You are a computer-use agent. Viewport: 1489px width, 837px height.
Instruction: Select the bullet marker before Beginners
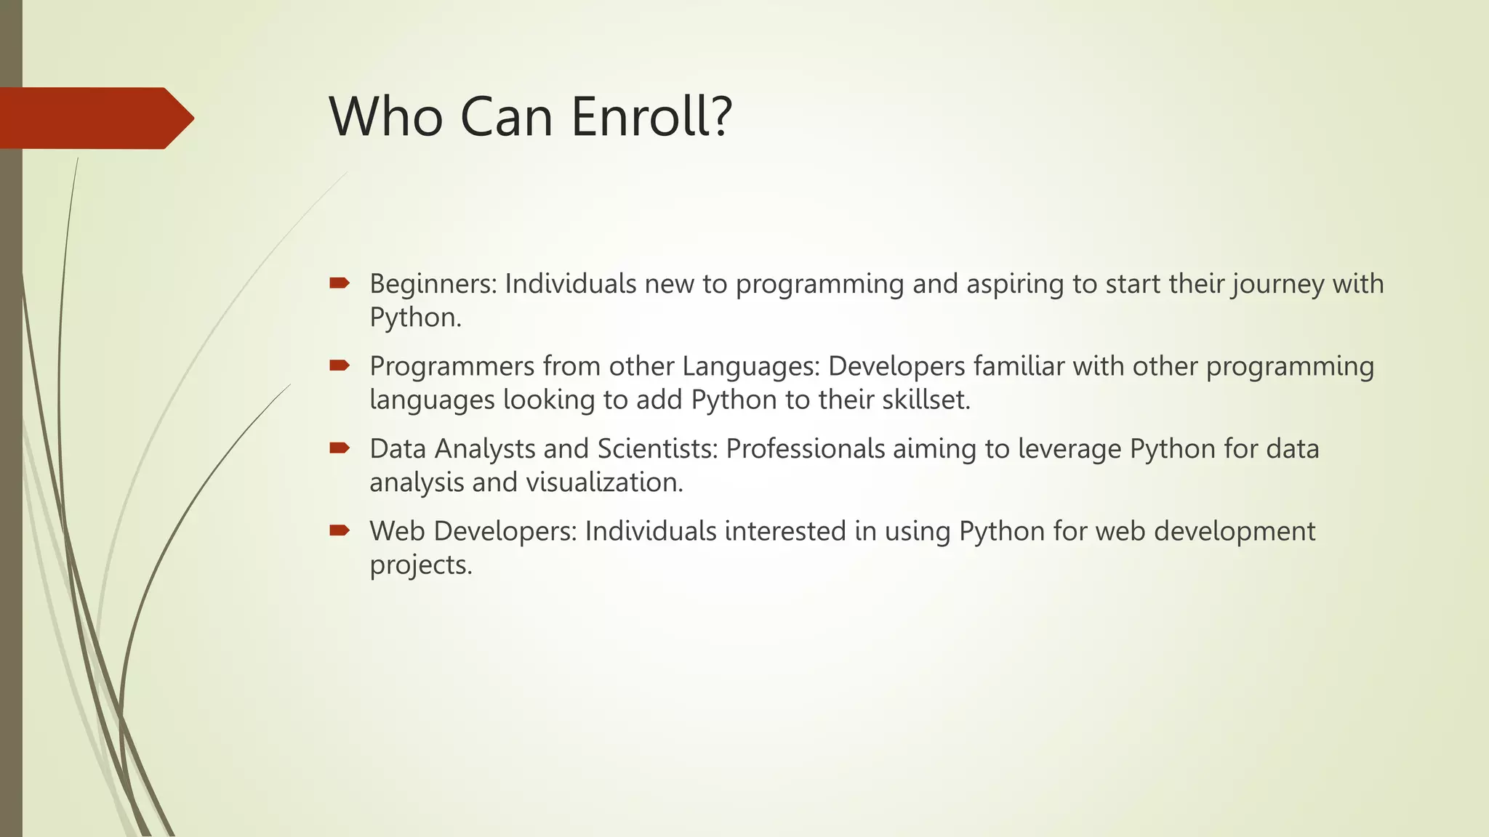(340, 283)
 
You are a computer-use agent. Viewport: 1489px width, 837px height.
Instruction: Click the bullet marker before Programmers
(340, 365)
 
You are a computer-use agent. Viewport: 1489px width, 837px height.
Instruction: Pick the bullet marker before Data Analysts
(340, 448)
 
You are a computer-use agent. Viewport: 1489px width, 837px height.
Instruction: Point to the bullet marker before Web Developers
(340, 530)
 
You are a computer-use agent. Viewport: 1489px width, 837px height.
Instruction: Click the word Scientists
(657, 449)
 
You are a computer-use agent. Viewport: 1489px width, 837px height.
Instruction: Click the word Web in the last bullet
(397, 531)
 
